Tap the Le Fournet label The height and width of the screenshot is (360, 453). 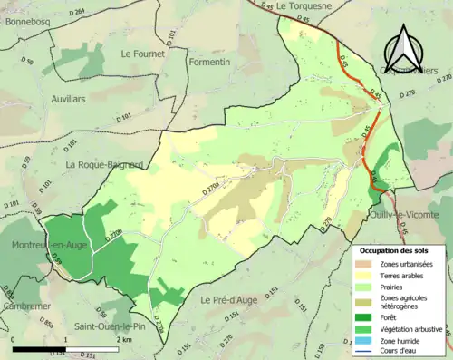143,54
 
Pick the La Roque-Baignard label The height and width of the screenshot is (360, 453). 104,164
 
